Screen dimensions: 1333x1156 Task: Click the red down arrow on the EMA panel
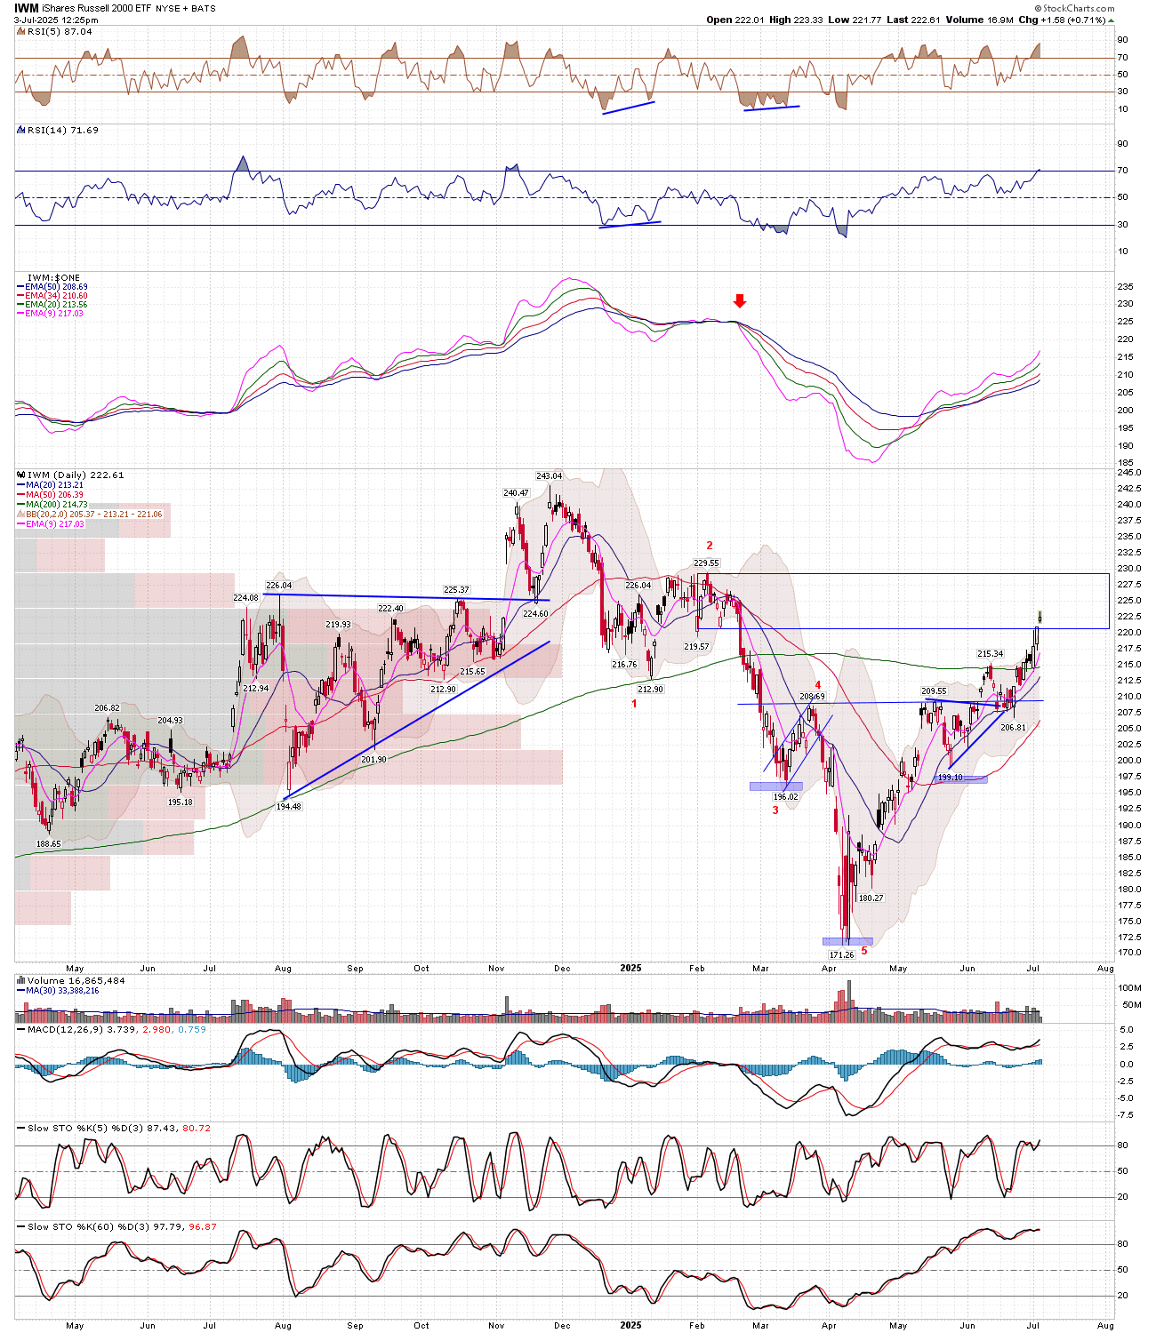(x=739, y=301)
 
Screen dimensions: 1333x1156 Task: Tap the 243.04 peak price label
(x=549, y=476)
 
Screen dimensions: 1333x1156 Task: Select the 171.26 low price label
(x=841, y=954)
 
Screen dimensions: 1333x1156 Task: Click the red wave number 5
(x=863, y=951)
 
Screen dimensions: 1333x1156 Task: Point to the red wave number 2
(x=710, y=546)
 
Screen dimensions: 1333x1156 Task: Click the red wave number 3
(x=775, y=810)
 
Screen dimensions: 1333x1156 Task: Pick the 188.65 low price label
(x=49, y=844)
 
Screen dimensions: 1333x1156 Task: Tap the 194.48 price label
(x=288, y=807)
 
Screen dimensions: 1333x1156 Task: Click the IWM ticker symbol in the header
(x=27, y=8)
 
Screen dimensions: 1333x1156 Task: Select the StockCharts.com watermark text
(x=1077, y=8)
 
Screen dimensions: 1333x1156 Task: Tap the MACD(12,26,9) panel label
(x=65, y=1029)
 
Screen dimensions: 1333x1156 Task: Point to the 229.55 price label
(x=706, y=563)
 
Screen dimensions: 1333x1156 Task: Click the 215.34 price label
(x=990, y=654)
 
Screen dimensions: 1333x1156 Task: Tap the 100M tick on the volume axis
(x=1130, y=988)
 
